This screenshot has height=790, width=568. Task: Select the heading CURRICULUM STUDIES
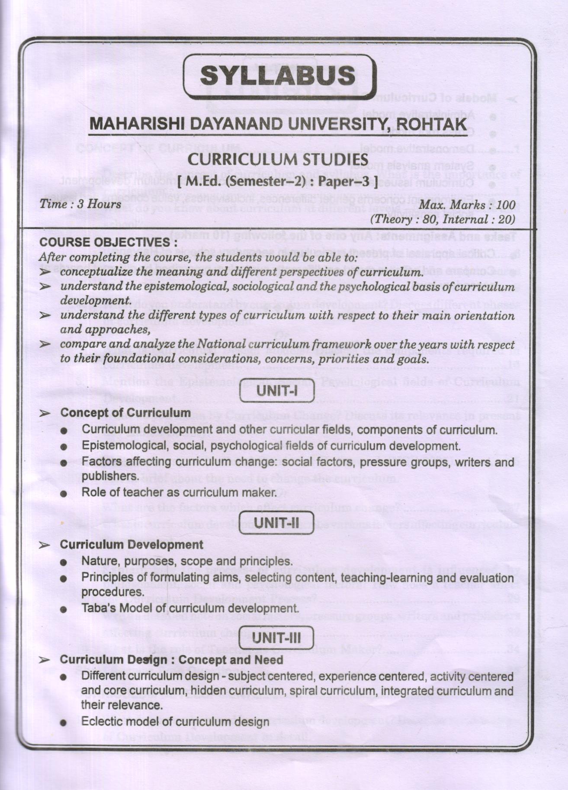click(x=279, y=160)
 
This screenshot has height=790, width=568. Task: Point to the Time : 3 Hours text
click(x=80, y=205)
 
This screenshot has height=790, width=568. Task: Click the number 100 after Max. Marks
click(x=506, y=205)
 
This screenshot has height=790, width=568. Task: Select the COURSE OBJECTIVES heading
click(x=108, y=243)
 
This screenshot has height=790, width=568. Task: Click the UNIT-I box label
click(x=277, y=391)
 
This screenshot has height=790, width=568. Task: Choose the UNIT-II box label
click(x=276, y=523)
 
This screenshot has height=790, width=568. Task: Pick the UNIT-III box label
click(x=276, y=637)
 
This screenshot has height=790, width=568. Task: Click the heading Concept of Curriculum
click(x=125, y=413)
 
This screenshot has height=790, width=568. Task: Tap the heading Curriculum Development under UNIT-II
click(x=132, y=545)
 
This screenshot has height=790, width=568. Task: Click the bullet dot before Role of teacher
click(x=64, y=494)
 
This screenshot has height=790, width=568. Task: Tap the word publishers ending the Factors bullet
click(x=109, y=476)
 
